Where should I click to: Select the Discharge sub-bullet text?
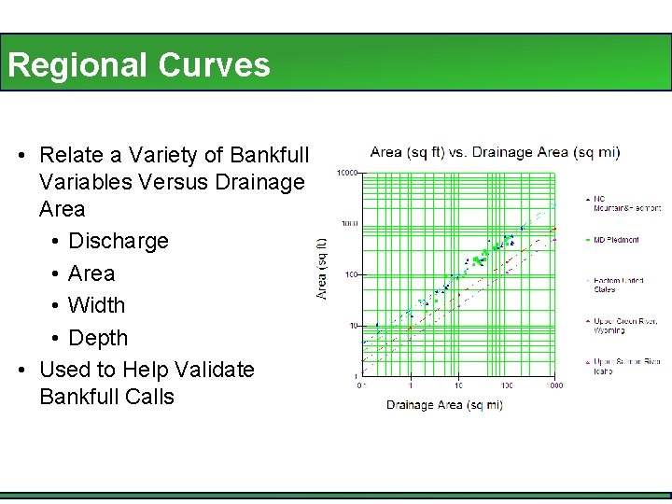[118, 241]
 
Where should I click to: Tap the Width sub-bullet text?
[96, 305]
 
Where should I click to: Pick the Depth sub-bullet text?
[98, 337]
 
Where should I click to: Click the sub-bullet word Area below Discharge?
[91, 273]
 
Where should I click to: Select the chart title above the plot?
[495, 152]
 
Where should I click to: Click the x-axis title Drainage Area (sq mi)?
[444, 405]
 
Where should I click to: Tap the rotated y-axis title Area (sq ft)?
[323, 269]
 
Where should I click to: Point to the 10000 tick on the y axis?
[348, 173]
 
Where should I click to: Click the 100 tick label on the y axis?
[351, 274]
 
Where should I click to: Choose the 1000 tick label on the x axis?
[554, 385]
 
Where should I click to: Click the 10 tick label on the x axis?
[458, 385]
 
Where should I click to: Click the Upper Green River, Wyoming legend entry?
[624, 326]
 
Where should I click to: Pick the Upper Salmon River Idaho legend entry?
[624, 366]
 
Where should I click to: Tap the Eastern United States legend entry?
[618, 285]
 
